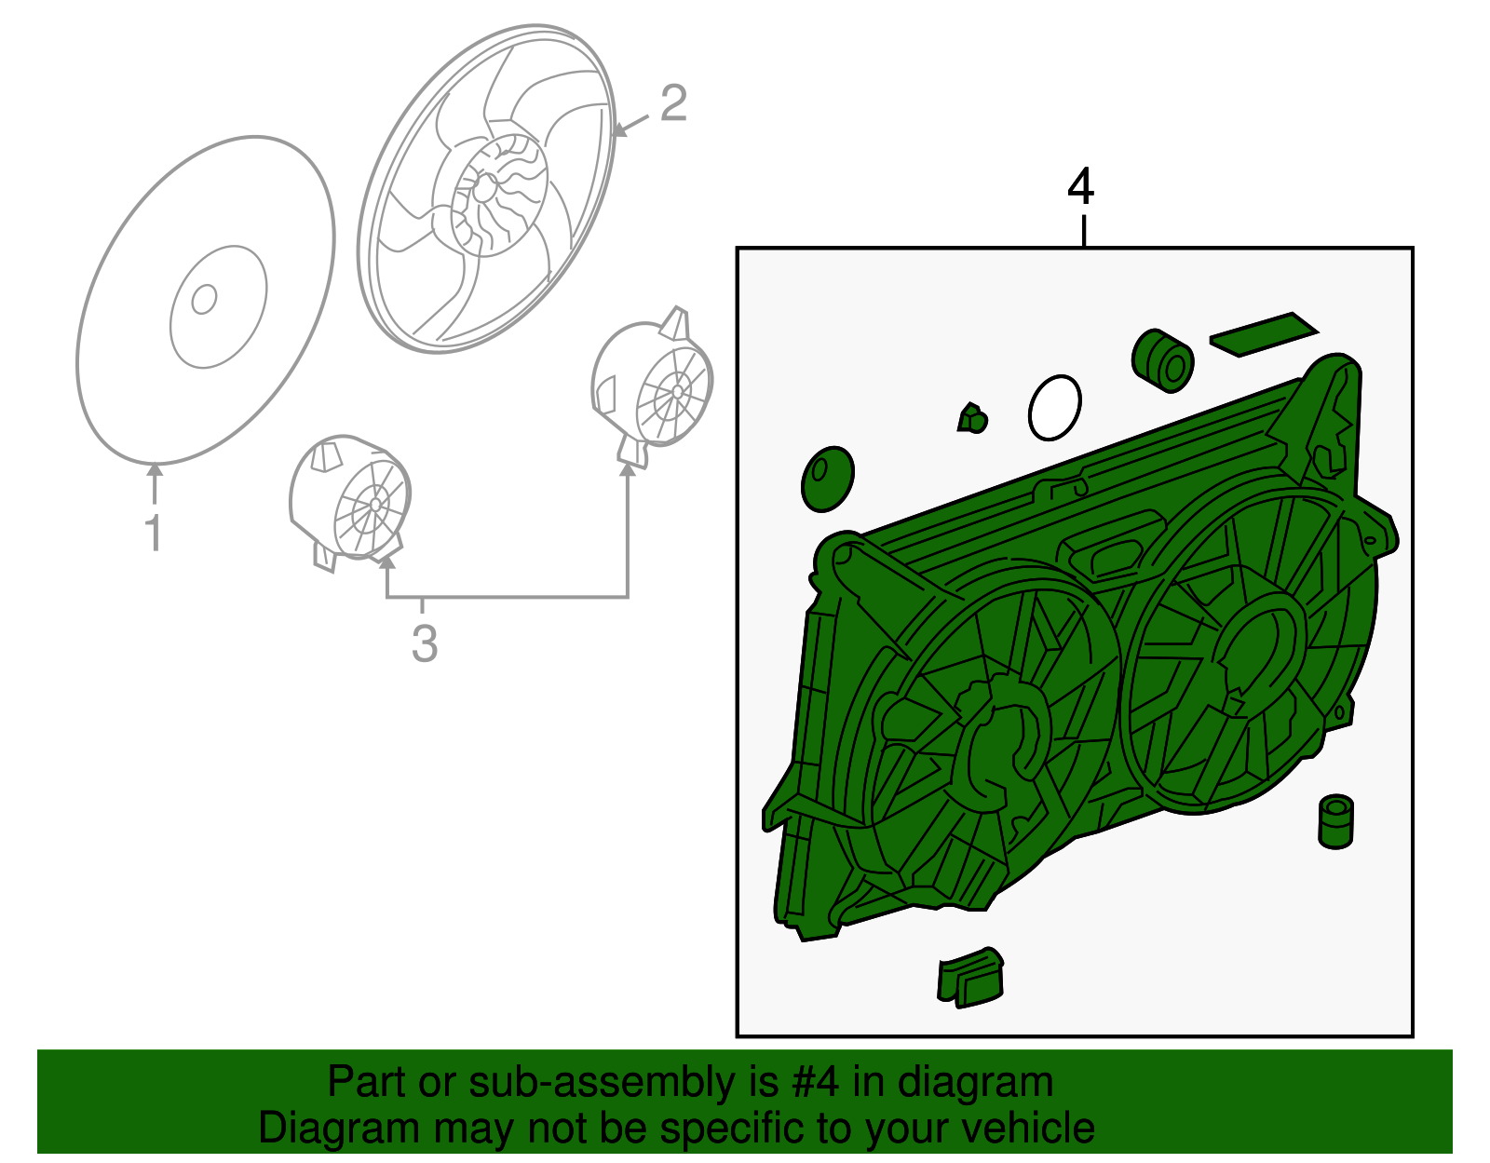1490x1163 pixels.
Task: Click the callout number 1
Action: coord(155,533)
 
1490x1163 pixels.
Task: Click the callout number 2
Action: coord(673,103)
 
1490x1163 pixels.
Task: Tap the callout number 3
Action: coord(425,643)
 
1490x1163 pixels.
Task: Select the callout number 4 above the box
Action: coord(1080,187)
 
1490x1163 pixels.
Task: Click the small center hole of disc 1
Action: coord(204,299)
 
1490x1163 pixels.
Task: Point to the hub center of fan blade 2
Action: coord(484,187)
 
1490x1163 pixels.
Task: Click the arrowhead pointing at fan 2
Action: coord(619,128)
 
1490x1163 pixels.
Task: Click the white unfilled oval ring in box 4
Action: coord(1054,407)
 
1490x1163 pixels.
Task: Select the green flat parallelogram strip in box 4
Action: coord(1264,334)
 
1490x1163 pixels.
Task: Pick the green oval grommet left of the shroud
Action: coord(828,479)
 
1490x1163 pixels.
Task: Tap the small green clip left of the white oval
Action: coord(972,418)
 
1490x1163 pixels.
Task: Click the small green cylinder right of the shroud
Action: coord(1335,821)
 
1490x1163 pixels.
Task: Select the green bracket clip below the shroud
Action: coord(969,978)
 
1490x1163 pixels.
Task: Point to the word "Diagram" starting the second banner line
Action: coord(339,1129)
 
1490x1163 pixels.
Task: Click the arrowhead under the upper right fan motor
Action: coord(628,469)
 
